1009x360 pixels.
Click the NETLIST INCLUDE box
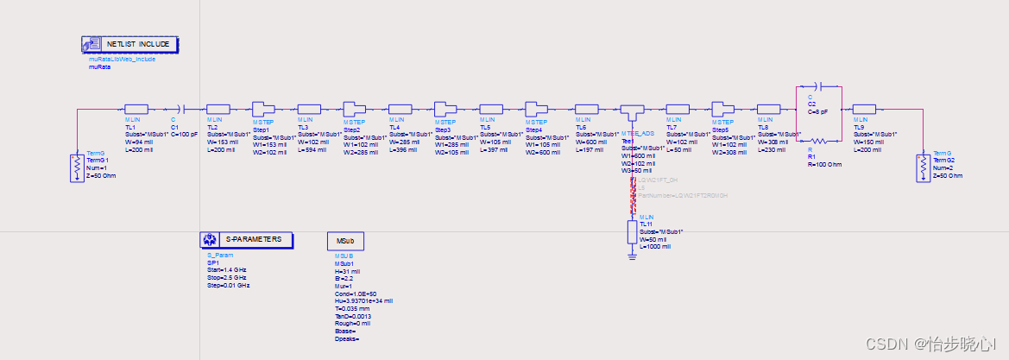point(130,44)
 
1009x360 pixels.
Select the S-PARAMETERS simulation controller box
point(246,240)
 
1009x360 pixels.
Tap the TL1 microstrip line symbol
point(138,109)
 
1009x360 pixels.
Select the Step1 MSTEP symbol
point(262,109)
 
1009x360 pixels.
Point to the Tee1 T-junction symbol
point(632,111)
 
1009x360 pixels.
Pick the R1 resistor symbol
point(814,140)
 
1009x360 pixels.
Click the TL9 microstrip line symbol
point(864,109)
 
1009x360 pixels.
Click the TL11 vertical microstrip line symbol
point(633,232)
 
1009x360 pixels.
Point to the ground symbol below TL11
point(633,255)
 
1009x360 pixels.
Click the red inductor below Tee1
point(633,196)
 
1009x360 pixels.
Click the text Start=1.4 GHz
point(227,270)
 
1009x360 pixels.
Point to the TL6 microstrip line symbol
point(587,109)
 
